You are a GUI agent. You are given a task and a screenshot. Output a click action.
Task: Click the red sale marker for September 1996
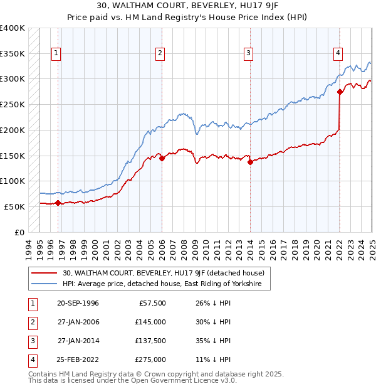click(58, 203)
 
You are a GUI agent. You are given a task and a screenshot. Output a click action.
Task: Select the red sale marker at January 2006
click(161, 158)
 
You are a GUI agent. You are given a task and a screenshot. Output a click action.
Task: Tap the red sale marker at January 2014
click(249, 162)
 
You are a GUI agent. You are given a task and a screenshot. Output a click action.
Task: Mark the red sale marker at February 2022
click(339, 92)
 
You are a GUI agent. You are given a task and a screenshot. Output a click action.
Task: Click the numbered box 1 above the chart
click(56, 54)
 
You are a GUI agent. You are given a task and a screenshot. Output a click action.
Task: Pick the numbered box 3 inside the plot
click(248, 54)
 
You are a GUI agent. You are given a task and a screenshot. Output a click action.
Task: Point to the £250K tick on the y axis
click(13, 104)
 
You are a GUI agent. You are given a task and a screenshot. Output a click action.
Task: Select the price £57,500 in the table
click(152, 304)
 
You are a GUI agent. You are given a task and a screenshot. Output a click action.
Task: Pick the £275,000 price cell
click(151, 360)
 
